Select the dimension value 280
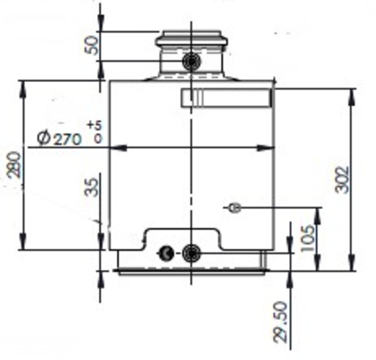14,164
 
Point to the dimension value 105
308,238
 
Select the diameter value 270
67,140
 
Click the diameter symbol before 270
44,138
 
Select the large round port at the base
191,253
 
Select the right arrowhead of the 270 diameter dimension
265,148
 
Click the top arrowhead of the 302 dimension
352,96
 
